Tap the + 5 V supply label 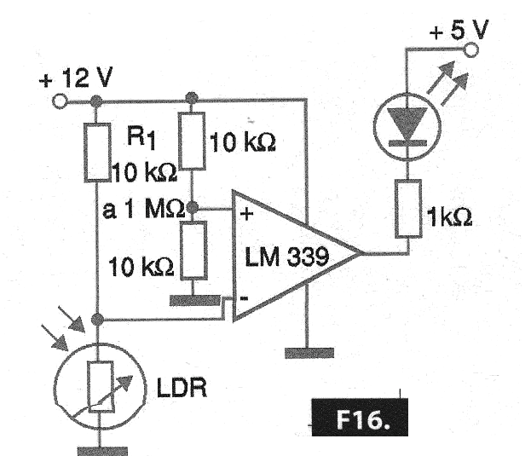coord(459,32)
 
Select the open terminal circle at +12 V coord(60,101)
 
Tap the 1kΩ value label coord(447,219)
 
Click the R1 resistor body coord(97,153)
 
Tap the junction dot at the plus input coord(193,207)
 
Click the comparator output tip coord(361,253)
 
